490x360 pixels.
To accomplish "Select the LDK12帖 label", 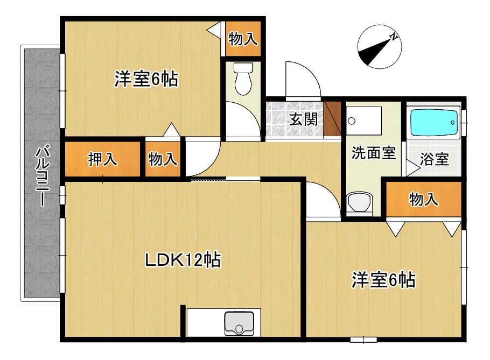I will pos(183,260).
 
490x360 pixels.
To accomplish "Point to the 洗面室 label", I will pos(373,153).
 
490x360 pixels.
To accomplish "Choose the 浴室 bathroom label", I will pos(435,159).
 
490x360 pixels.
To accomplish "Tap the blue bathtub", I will pos(434,123).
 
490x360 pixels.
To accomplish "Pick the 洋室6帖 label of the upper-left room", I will pos(146,80).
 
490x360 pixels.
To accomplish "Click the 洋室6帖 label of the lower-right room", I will pos(383,280).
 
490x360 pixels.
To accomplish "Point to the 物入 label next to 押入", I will pos(163,159).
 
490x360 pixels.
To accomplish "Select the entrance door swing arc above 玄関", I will pos(305,78).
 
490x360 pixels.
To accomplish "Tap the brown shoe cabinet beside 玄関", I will pos(333,118).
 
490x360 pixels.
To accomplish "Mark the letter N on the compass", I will pos(394,37).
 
